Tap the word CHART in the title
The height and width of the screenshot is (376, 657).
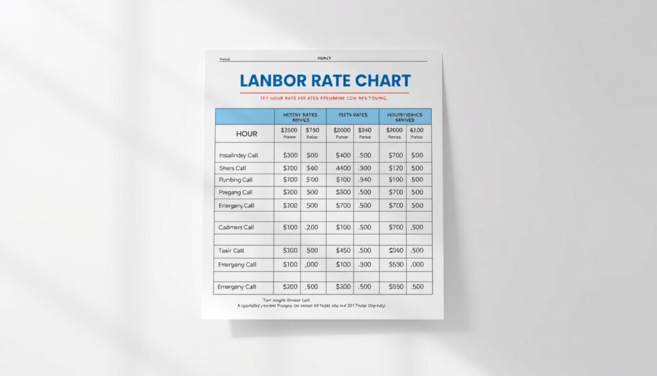point(379,81)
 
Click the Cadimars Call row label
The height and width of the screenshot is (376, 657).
point(236,228)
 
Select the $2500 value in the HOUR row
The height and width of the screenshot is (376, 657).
point(290,130)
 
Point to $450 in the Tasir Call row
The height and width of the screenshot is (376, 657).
point(343,251)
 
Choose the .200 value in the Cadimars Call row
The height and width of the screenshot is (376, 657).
point(312,228)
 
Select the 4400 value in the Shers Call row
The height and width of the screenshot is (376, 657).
point(343,168)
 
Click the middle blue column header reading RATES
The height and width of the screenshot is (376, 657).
point(353,116)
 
